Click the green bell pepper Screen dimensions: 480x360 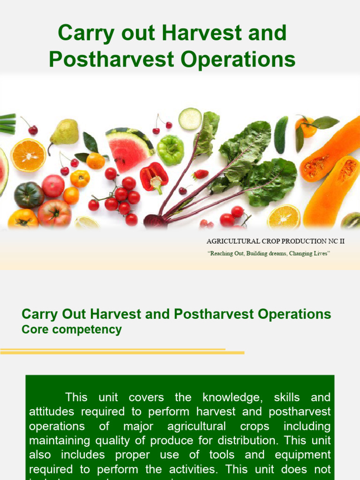tap(170, 150)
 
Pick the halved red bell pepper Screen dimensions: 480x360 tap(154, 178)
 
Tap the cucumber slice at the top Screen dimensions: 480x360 tap(190, 119)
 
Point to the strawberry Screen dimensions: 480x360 tap(201, 174)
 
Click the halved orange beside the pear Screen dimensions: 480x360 tap(29, 156)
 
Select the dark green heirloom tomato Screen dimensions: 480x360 tap(29, 195)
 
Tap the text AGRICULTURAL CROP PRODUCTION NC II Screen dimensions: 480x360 tap(276, 241)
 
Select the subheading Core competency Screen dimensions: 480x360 tap(72, 330)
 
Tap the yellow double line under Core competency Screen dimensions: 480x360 tap(122, 351)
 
